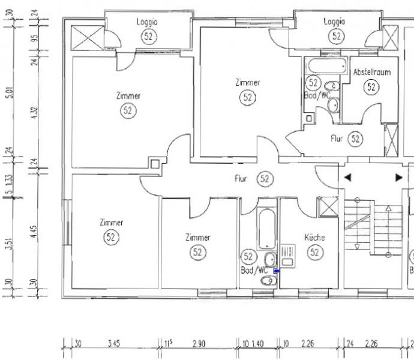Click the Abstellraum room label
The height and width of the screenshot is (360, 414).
point(372,72)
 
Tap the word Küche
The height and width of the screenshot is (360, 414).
point(314,237)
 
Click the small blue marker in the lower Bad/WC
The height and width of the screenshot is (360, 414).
point(276,272)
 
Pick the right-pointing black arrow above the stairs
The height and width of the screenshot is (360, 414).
point(398,178)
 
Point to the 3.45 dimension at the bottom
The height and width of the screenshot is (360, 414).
point(113,344)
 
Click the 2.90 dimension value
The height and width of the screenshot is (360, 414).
point(200,344)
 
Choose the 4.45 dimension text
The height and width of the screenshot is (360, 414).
point(34,232)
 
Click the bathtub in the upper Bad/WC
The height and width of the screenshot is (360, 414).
point(325,65)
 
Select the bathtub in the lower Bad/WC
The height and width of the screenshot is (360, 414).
point(266,229)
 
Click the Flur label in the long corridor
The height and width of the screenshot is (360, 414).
point(241,179)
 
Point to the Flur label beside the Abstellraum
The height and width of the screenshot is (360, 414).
point(337,139)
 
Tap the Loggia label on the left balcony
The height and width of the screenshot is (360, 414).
point(147,22)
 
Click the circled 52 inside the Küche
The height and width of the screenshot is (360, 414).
point(315,253)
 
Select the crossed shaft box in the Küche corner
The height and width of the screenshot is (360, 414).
point(329,206)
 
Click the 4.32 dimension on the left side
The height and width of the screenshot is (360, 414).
point(34,112)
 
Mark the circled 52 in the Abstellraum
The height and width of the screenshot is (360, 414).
point(372,87)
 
